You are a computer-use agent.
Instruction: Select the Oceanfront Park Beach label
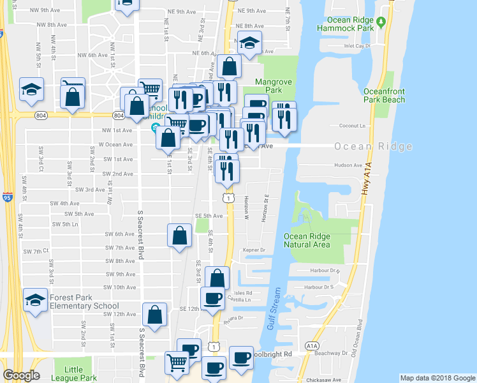point(385,96)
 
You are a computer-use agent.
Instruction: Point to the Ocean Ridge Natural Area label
point(307,240)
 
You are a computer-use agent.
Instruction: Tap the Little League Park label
point(75,373)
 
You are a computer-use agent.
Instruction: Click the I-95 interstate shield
point(8,197)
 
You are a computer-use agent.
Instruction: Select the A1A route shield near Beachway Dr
point(311,345)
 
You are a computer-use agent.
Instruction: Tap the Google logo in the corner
point(20,375)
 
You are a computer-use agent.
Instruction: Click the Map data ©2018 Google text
point(437,378)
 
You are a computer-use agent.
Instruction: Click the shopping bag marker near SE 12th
point(154,314)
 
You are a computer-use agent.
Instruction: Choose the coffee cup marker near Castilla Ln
point(212,297)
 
